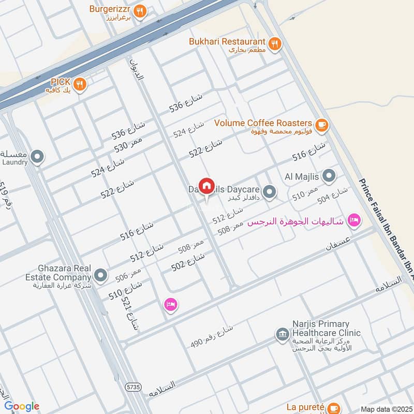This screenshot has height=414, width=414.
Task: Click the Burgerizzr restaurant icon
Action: pyautogui.click(x=139, y=10)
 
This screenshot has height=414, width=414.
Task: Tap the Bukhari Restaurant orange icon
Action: pyautogui.click(x=275, y=43)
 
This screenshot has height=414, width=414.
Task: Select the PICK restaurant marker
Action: pyautogui.click(x=79, y=83)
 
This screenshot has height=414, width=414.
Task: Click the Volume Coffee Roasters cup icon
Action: pyautogui.click(x=321, y=124)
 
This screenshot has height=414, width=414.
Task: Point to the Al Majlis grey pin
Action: pyautogui.click(x=329, y=176)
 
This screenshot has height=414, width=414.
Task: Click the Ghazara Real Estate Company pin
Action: pyautogui.click(x=101, y=275)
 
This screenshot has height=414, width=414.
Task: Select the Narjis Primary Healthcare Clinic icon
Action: pyautogui.click(x=282, y=334)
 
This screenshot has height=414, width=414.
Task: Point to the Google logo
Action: pyautogui.click(x=21, y=407)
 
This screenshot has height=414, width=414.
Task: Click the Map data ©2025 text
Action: pyautogui.click(x=386, y=409)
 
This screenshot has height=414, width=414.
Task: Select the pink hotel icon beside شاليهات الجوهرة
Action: pyautogui.click(x=354, y=220)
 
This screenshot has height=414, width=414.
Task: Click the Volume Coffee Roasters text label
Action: pyautogui.click(x=263, y=123)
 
